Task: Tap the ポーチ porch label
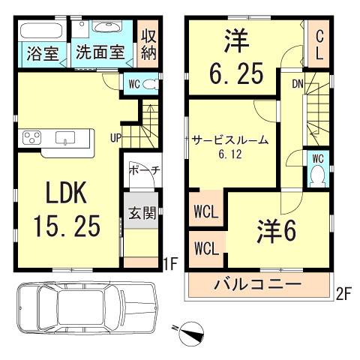[142, 171]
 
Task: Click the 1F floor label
[169, 263]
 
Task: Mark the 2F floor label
[343, 295]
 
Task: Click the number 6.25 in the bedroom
[235, 73]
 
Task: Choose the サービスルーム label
[230, 141]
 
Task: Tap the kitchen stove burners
[34, 138]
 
